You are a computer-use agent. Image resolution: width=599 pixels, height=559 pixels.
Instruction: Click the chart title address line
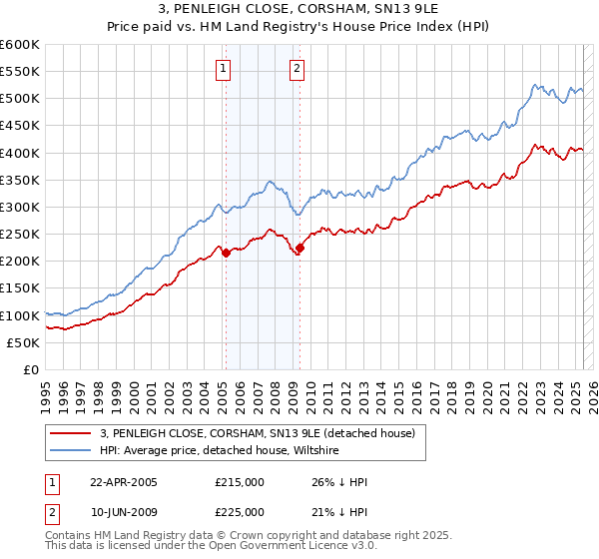[x=299, y=10]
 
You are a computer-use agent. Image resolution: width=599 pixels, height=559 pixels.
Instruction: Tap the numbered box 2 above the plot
[x=298, y=69]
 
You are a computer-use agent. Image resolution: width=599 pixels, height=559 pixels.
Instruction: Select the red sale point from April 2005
[x=226, y=253]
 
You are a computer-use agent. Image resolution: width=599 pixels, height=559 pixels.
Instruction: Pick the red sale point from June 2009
[x=299, y=248]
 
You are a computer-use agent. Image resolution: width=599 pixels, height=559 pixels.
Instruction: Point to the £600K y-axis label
[x=20, y=45]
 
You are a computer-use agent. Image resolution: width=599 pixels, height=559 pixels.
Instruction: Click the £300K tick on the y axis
[x=20, y=207]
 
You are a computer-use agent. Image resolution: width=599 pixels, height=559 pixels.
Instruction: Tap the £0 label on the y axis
[x=30, y=369]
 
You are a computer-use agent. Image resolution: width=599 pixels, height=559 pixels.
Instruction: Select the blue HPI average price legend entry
[x=220, y=450]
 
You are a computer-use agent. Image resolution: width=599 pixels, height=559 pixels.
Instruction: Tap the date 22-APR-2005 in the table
[x=124, y=482]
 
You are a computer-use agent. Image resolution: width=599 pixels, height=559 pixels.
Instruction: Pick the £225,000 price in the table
[x=240, y=512]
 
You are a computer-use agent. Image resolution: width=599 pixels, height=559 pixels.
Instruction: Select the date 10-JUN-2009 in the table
[x=124, y=512]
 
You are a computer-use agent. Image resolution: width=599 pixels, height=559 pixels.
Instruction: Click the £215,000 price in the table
[x=240, y=482]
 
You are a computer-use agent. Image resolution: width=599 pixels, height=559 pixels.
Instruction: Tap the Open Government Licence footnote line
[x=210, y=547]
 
